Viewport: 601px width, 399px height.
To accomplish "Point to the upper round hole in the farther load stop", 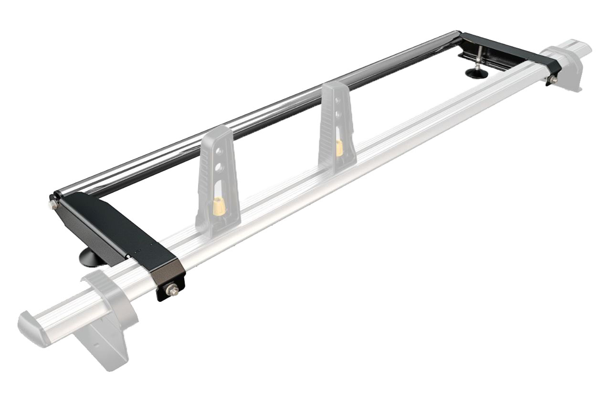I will (338, 102).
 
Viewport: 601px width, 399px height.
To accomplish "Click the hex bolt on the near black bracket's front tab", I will (170, 289).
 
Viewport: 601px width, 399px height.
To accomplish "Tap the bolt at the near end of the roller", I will (51, 205).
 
